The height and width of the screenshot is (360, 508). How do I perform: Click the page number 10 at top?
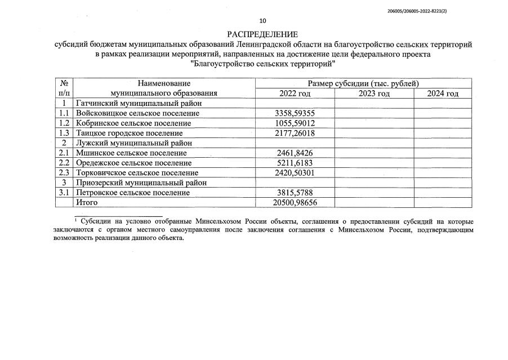[x=262, y=21]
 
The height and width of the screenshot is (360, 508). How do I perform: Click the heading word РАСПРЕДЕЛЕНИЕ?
[x=262, y=34]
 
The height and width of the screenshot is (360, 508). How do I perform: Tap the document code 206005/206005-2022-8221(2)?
[x=445, y=10]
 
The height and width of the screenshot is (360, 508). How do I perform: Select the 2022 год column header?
[x=295, y=94]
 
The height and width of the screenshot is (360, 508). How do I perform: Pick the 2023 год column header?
[x=374, y=94]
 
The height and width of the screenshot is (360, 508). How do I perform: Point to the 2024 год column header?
[x=443, y=94]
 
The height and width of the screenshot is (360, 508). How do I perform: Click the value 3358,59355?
[x=295, y=113]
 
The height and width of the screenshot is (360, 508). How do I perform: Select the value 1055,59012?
[x=295, y=123]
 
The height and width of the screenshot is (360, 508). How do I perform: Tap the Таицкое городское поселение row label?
[x=129, y=133]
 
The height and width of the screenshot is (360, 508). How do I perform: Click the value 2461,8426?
[x=295, y=153]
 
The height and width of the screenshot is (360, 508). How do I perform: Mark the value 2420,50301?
[x=295, y=172]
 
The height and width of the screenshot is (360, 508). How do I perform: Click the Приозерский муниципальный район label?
[x=141, y=183]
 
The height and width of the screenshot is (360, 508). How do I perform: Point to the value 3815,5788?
[x=295, y=193]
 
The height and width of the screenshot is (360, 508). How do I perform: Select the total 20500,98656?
[x=295, y=202]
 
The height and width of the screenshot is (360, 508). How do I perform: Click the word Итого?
[x=87, y=202]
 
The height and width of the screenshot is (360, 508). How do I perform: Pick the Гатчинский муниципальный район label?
[x=139, y=103]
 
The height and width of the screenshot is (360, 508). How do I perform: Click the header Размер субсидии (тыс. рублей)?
[x=363, y=83]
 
